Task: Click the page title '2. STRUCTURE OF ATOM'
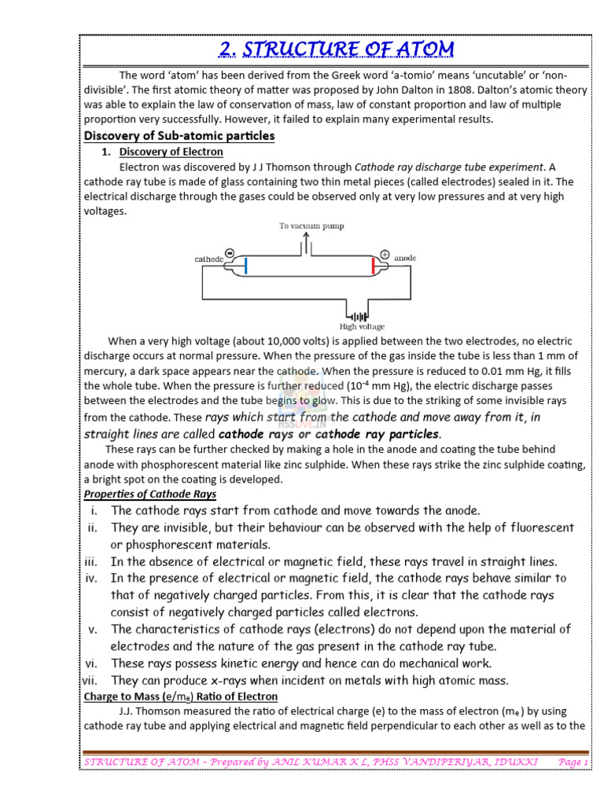(x=336, y=49)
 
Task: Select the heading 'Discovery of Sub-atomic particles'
(x=179, y=136)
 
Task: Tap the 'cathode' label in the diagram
(x=208, y=258)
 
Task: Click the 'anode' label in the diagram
(x=406, y=257)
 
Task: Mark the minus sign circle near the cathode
(x=229, y=253)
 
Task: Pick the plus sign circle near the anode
(x=385, y=253)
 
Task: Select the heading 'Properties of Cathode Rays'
(x=149, y=494)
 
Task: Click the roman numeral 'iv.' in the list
(x=94, y=578)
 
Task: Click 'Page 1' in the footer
(x=572, y=762)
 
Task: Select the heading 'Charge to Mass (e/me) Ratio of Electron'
(x=180, y=697)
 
